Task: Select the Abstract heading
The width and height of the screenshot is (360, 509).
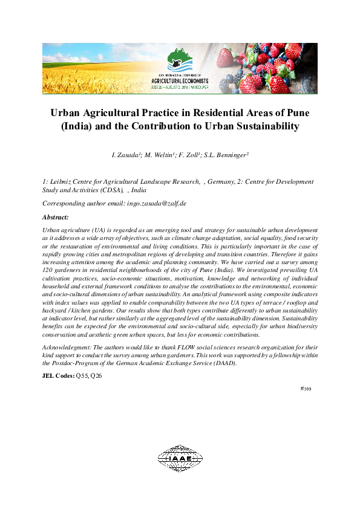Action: coord(56,216)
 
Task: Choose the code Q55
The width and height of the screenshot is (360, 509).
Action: coord(82,376)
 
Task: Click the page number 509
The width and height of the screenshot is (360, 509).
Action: coord(307,389)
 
